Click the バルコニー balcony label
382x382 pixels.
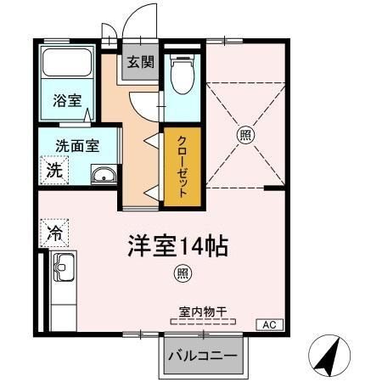pyautogui.click(x=202, y=354)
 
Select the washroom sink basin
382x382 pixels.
pyautogui.click(x=104, y=177)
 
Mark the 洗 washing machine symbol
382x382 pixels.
pyautogui.click(x=53, y=169)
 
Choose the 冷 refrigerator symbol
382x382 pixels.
pyautogui.click(x=53, y=231)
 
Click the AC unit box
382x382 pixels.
pyautogui.click(x=268, y=325)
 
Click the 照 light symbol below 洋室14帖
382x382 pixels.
pyautogui.click(x=181, y=273)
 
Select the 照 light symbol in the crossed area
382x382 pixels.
pyautogui.click(x=244, y=133)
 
